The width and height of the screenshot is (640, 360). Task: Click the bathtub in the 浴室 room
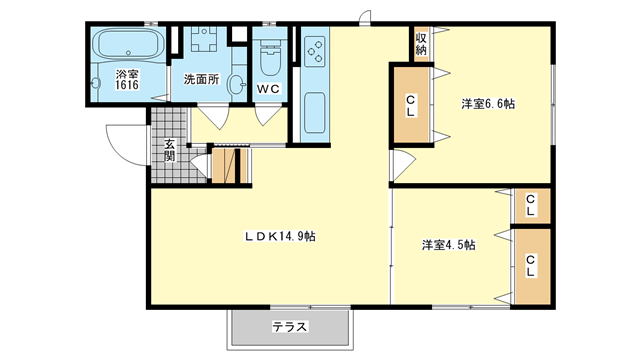coord(128,44)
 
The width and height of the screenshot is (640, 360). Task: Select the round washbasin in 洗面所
coord(236,84)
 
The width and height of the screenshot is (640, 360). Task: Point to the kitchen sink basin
coord(315,113)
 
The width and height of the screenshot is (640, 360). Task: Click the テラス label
coord(290,327)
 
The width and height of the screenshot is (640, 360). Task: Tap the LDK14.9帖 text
coord(279,236)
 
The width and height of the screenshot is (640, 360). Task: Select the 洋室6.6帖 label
coord(488,104)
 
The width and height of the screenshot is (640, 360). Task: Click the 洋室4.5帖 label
coord(449,245)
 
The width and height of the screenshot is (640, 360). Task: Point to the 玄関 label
coord(170,150)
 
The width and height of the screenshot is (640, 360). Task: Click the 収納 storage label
coord(421,44)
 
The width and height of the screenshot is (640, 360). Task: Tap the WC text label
coord(268,89)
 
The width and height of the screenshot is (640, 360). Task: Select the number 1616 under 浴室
coord(127,85)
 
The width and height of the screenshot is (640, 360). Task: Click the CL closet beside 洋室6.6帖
coord(411,105)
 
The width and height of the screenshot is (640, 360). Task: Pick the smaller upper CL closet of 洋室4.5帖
coord(531,206)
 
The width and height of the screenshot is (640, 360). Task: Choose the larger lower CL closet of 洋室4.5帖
coord(531,266)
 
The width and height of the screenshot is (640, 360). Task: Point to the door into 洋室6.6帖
coord(402,165)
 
